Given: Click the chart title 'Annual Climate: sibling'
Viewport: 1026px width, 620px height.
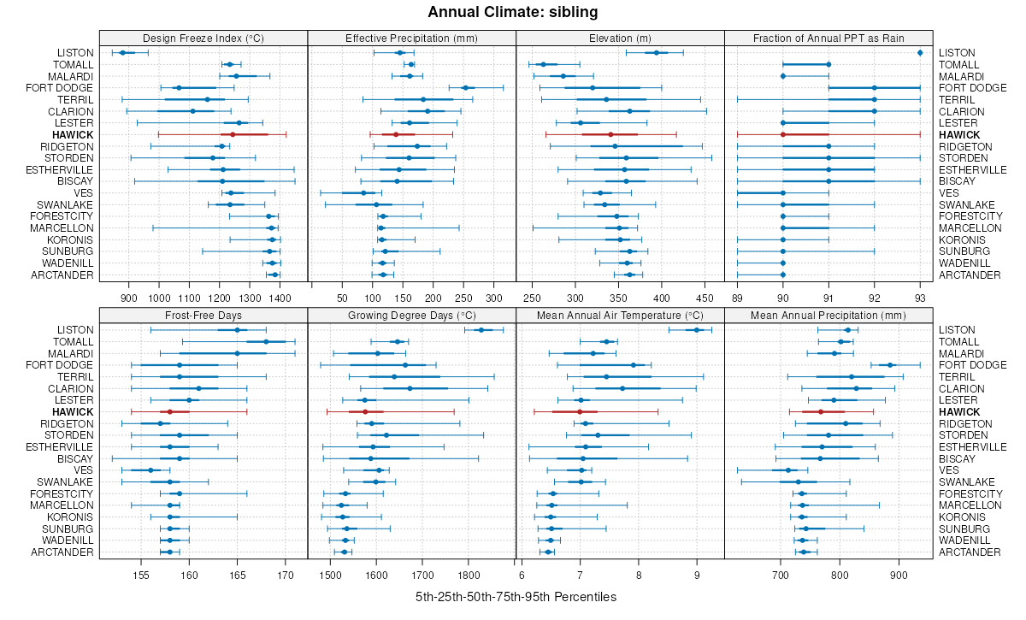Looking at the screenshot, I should pyautogui.click(x=512, y=12).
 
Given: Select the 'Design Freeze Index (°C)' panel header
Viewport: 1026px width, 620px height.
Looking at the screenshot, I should pyautogui.click(x=203, y=38).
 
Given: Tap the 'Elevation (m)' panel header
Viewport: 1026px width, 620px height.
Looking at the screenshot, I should pyautogui.click(x=620, y=38).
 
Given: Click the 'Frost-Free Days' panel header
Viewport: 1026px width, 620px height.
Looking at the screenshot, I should pyautogui.click(x=203, y=315).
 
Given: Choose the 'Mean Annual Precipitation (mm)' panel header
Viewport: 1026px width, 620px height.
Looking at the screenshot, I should pyautogui.click(x=828, y=315).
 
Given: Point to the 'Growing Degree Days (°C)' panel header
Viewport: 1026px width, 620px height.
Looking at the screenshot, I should pyautogui.click(x=411, y=315).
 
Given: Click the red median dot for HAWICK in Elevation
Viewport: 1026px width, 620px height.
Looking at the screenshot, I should pyautogui.click(x=610, y=135).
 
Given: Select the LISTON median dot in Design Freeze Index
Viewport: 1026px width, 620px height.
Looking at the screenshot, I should pyautogui.click(x=122, y=53).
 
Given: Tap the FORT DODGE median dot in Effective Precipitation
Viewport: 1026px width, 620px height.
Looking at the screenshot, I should pyautogui.click(x=465, y=88).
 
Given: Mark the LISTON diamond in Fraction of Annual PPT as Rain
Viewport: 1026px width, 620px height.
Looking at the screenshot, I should pyautogui.click(x=920, y=53).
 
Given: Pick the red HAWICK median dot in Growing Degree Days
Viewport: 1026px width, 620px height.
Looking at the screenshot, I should pyautogui.click(x=366, y=412).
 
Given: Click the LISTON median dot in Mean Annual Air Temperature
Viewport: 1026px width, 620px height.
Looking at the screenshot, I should pyautogui.click(x=697, y=330).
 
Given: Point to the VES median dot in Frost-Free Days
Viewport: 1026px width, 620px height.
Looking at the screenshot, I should pyautogui.click(x=150, y=470).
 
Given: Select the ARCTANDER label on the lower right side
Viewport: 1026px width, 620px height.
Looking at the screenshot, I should pyautogui.click(x=970, y=552).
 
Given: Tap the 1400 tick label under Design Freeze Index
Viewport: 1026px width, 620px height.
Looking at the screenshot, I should pyautogui.click(x=280, y=298).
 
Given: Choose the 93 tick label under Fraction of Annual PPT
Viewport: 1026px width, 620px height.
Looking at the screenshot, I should pyautogui.click(x=920, y=298).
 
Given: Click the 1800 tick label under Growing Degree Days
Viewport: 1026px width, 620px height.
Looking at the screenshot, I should pyautogui.click(x=469, y=576).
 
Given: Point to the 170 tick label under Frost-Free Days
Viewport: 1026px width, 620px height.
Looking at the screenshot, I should pyautogui.click(x=286, y=576).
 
